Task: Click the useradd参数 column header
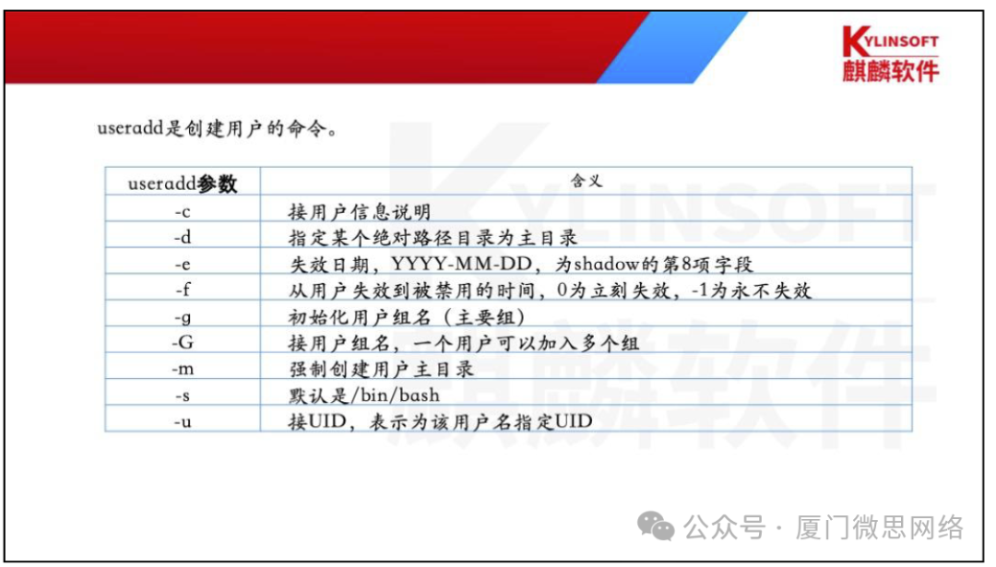182,183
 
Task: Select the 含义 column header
587,182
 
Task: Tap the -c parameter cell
182,211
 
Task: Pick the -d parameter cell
182,237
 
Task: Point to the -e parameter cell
182,264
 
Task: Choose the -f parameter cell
182,289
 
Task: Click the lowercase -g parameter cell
182,316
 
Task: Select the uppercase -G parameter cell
182,343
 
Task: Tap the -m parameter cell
182,369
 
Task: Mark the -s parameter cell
182,396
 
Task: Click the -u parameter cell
182,421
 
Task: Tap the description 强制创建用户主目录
381,370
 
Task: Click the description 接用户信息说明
360,211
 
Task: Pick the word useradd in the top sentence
128,128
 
